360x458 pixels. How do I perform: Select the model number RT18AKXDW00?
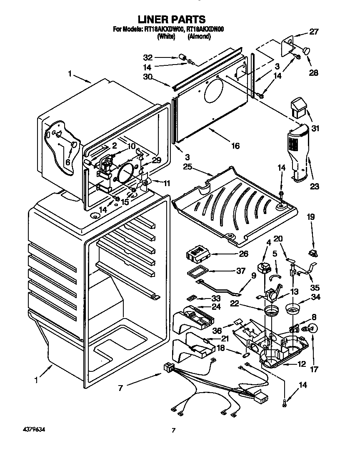coord(164,30)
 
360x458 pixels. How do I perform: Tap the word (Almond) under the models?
coord(199,36)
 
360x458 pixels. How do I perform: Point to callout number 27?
coord(313,31)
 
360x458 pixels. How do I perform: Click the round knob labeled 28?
coord(306,51)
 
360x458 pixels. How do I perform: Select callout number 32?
coord(148,58)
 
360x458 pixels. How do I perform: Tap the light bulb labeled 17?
coord(313,329)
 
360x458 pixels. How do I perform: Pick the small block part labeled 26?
coord(197,254)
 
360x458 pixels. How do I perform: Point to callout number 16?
coord(235,146)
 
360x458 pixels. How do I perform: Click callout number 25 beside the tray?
coord(187,167)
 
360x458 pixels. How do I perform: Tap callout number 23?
coord(314,187)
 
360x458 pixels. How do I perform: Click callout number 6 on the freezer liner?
coord(67,162)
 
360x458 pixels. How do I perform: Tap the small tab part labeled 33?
coord(192,298)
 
